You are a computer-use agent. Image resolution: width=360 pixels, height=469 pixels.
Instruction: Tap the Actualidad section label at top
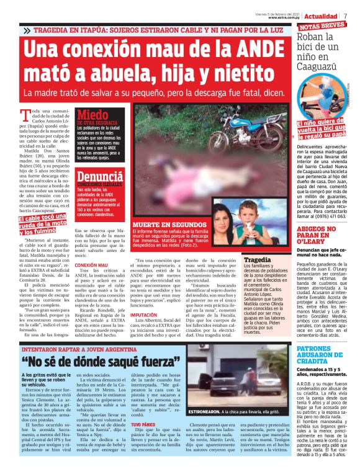321,15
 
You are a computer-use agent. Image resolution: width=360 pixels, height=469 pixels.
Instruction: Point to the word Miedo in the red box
92,114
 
